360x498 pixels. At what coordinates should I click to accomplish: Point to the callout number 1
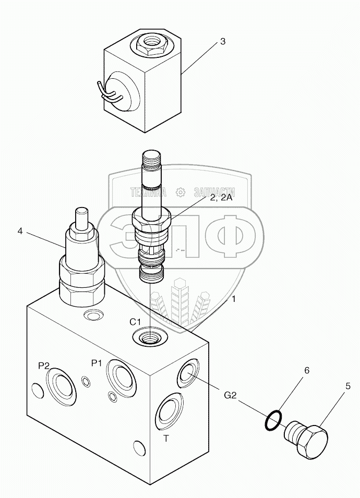[x=234, y=299]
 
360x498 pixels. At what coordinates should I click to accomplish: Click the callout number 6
[x=307, y=370]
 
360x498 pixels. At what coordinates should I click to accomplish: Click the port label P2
[x=44, y=366]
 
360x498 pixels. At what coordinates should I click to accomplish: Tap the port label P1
[x=96, y=363]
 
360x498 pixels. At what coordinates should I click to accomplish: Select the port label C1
[x=136, y=321]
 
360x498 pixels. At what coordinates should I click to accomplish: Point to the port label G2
[x=231, y=396]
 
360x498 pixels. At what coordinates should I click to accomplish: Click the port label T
[x=166, y=439]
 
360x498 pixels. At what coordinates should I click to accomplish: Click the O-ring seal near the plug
[x=273, y=419]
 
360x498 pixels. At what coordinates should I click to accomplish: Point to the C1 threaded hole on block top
[x=149, y=337]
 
